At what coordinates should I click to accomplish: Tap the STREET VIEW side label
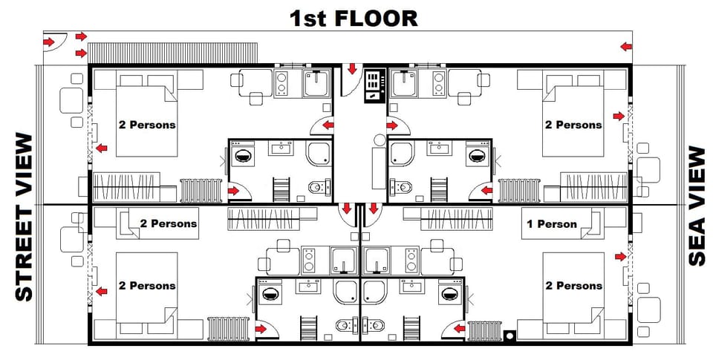coord(25,217)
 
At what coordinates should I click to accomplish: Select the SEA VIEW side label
coord(697,206)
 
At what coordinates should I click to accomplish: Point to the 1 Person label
coord(551,223)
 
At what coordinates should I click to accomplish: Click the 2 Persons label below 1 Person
coord(574,286)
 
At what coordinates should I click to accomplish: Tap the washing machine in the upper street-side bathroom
coord(242,156)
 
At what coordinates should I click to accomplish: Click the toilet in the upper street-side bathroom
coord(316,186)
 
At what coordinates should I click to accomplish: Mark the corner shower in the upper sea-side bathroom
coord(402,153)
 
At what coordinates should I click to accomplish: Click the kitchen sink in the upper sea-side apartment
coord(405,82)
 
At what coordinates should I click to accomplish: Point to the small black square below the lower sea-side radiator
coord(509,335)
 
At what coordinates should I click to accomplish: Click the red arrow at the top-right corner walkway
coord(626,47)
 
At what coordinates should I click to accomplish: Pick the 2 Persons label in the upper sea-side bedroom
coord(573,125)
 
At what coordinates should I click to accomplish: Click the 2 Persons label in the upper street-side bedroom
coord(147,125)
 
